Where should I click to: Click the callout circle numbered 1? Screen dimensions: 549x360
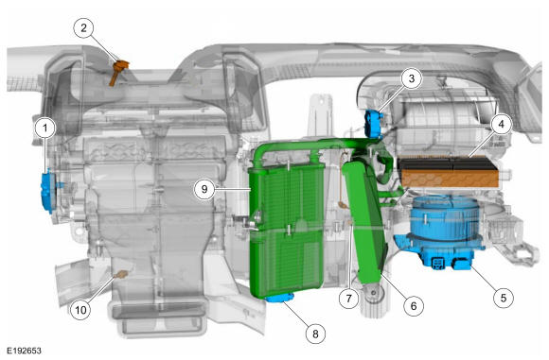point(44,129)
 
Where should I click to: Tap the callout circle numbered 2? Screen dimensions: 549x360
point(83,28)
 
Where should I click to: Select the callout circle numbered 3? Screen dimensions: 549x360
point(412,78)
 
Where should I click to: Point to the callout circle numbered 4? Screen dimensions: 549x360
point(501,124)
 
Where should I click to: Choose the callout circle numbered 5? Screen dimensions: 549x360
point(504,298)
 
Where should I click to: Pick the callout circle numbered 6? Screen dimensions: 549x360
point(414,306)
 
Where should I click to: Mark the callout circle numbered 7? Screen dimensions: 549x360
point(348,299)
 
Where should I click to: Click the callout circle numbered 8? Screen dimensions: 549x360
point(315,334)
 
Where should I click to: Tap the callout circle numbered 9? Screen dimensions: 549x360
point(204,189)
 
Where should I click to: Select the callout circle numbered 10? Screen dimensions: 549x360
point(80,310)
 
